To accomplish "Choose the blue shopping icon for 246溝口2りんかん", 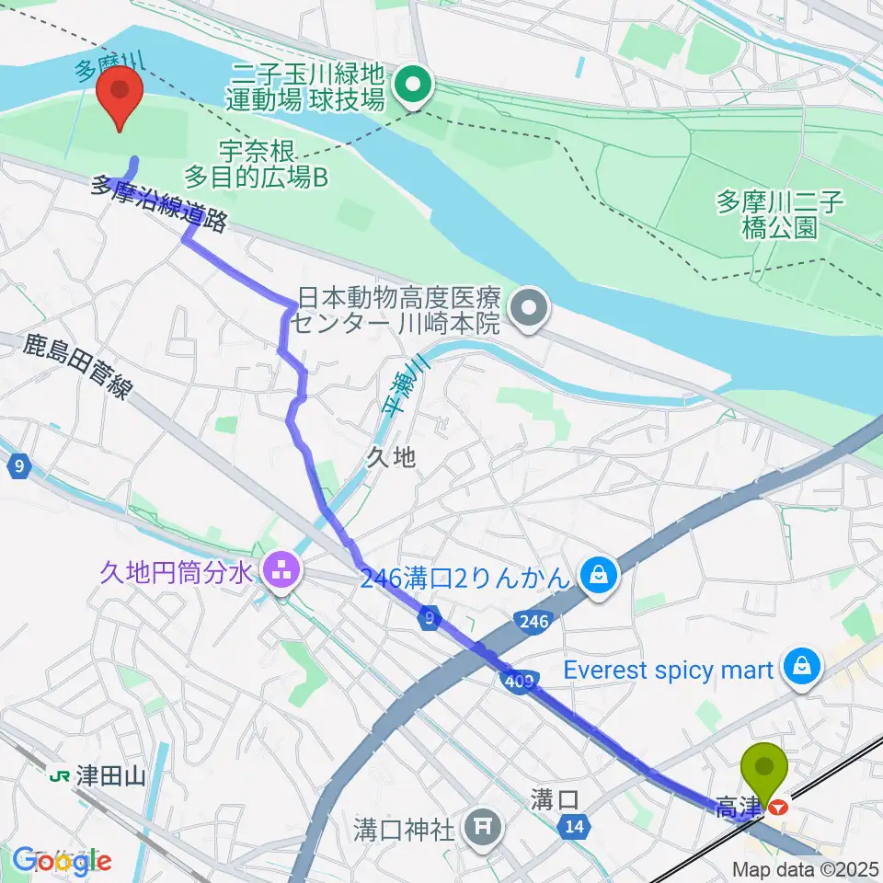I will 599,577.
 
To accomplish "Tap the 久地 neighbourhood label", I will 392,457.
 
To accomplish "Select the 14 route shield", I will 575,828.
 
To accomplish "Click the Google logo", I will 62,861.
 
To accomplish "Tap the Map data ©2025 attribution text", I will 806,868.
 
